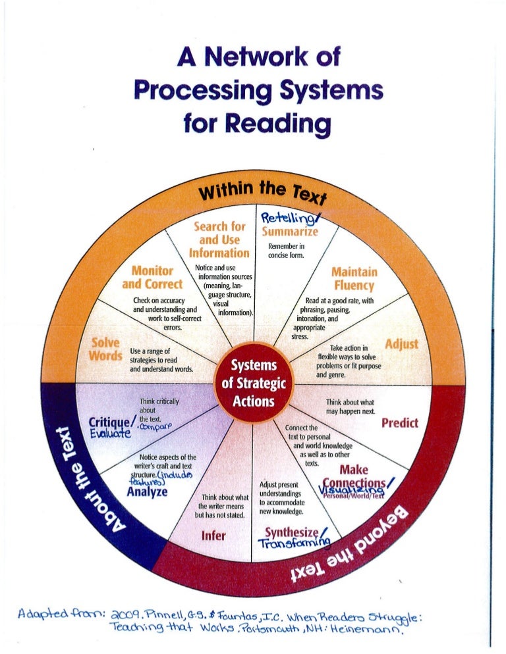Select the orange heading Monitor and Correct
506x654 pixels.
[x=152, y=277]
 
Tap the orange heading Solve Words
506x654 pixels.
[x=105, y=349]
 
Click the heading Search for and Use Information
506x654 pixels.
[x=219, y=240]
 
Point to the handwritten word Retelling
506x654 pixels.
[x=288, y=218]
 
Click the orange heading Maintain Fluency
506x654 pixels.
[x=354, y=278]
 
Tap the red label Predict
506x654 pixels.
[x=400, y=422]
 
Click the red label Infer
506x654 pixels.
[x=213, y=536]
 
